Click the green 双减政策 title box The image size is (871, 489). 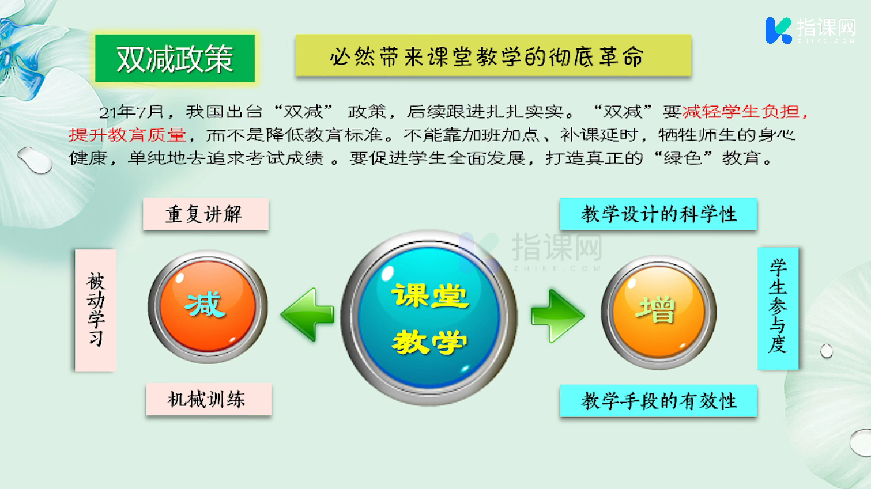pos(175,58)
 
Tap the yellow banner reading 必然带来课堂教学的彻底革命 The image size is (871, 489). pos(493,55)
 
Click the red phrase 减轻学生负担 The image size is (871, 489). pos(741,112)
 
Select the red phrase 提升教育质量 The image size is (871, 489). pos(127,135)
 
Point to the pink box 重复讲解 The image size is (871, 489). pos(206,214)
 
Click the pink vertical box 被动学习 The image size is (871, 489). pos(96,310)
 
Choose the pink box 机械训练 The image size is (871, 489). pos(209,399)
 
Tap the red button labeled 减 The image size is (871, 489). pos(208,306)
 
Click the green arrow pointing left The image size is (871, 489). pos(307,314)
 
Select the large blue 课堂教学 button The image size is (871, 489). pos(429,318)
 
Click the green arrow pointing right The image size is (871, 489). pos(557,316)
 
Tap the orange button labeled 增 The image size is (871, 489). pos(659,312)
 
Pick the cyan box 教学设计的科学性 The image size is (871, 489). pos(659,214)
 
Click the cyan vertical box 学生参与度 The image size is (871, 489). pos(778,308)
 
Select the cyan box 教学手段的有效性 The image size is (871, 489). pos(659,400)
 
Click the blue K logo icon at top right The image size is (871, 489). pos(778,31)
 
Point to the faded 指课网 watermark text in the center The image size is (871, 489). pos(557,248)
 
